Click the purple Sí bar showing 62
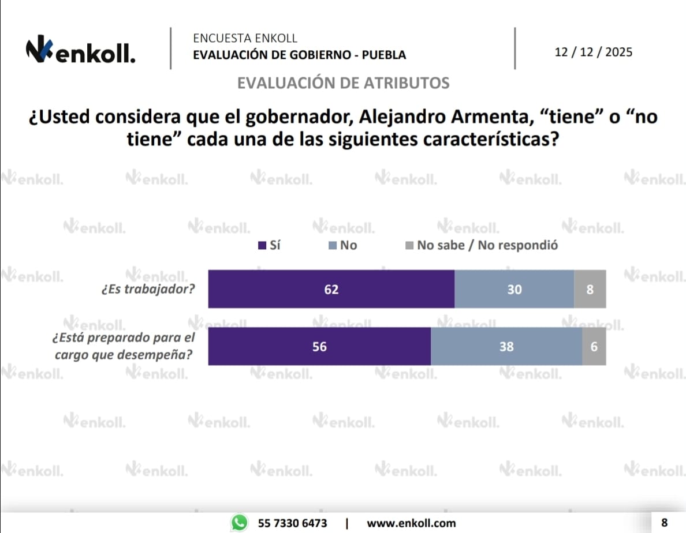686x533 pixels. [331, 289]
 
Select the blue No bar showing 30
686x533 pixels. [514, 289]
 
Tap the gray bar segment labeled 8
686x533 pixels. [590, 289]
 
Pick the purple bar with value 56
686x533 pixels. [319, 347]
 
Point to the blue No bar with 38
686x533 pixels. [506, 347]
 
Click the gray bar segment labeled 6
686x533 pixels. [594, 347]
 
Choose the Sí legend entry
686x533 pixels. [269, 246]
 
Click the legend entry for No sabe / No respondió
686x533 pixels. [482, 246]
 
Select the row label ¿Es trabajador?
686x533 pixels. [148, 289]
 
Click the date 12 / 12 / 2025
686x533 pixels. [593, 52]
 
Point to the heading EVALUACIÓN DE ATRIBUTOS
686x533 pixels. [343, 83]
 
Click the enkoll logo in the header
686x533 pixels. [81, 52]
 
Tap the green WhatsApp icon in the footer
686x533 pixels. [238, 523]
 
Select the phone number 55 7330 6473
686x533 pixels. [292, 523]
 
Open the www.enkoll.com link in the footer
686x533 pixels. [411, 523]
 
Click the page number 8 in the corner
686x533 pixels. [664, 523]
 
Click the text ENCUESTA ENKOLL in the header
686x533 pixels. [245, 39]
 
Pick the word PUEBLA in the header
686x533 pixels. [384, 55]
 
